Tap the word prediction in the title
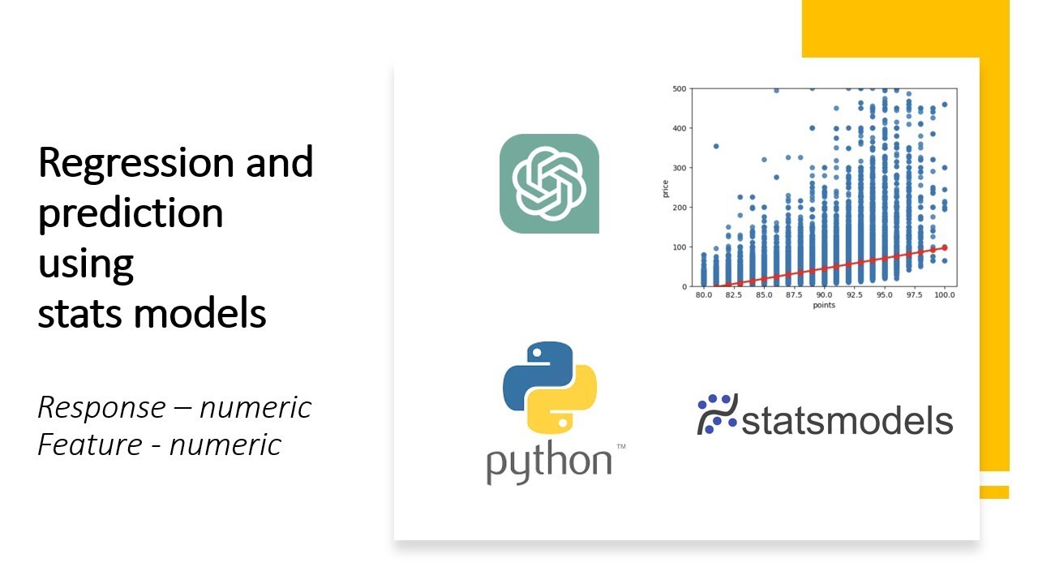click(x=131, y=213)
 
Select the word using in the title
click(x=85, y=264)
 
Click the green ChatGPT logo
click(x=549, y=183)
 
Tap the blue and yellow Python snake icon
click(x=550, y=387)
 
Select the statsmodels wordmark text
click(x=847, y=421)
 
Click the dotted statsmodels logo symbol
click(x=717, y=414)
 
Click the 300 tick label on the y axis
click(x=680, y=167)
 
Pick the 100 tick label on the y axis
click(x=680, y=247)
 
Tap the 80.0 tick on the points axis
click(x=704, y=295)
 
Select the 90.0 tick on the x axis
click(x=825, y=295)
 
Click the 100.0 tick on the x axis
click(x=945, y=295)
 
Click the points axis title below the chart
click(x=824, y=306)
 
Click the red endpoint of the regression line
click(x=945, y=247)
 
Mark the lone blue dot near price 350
click(x=716, y=146)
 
